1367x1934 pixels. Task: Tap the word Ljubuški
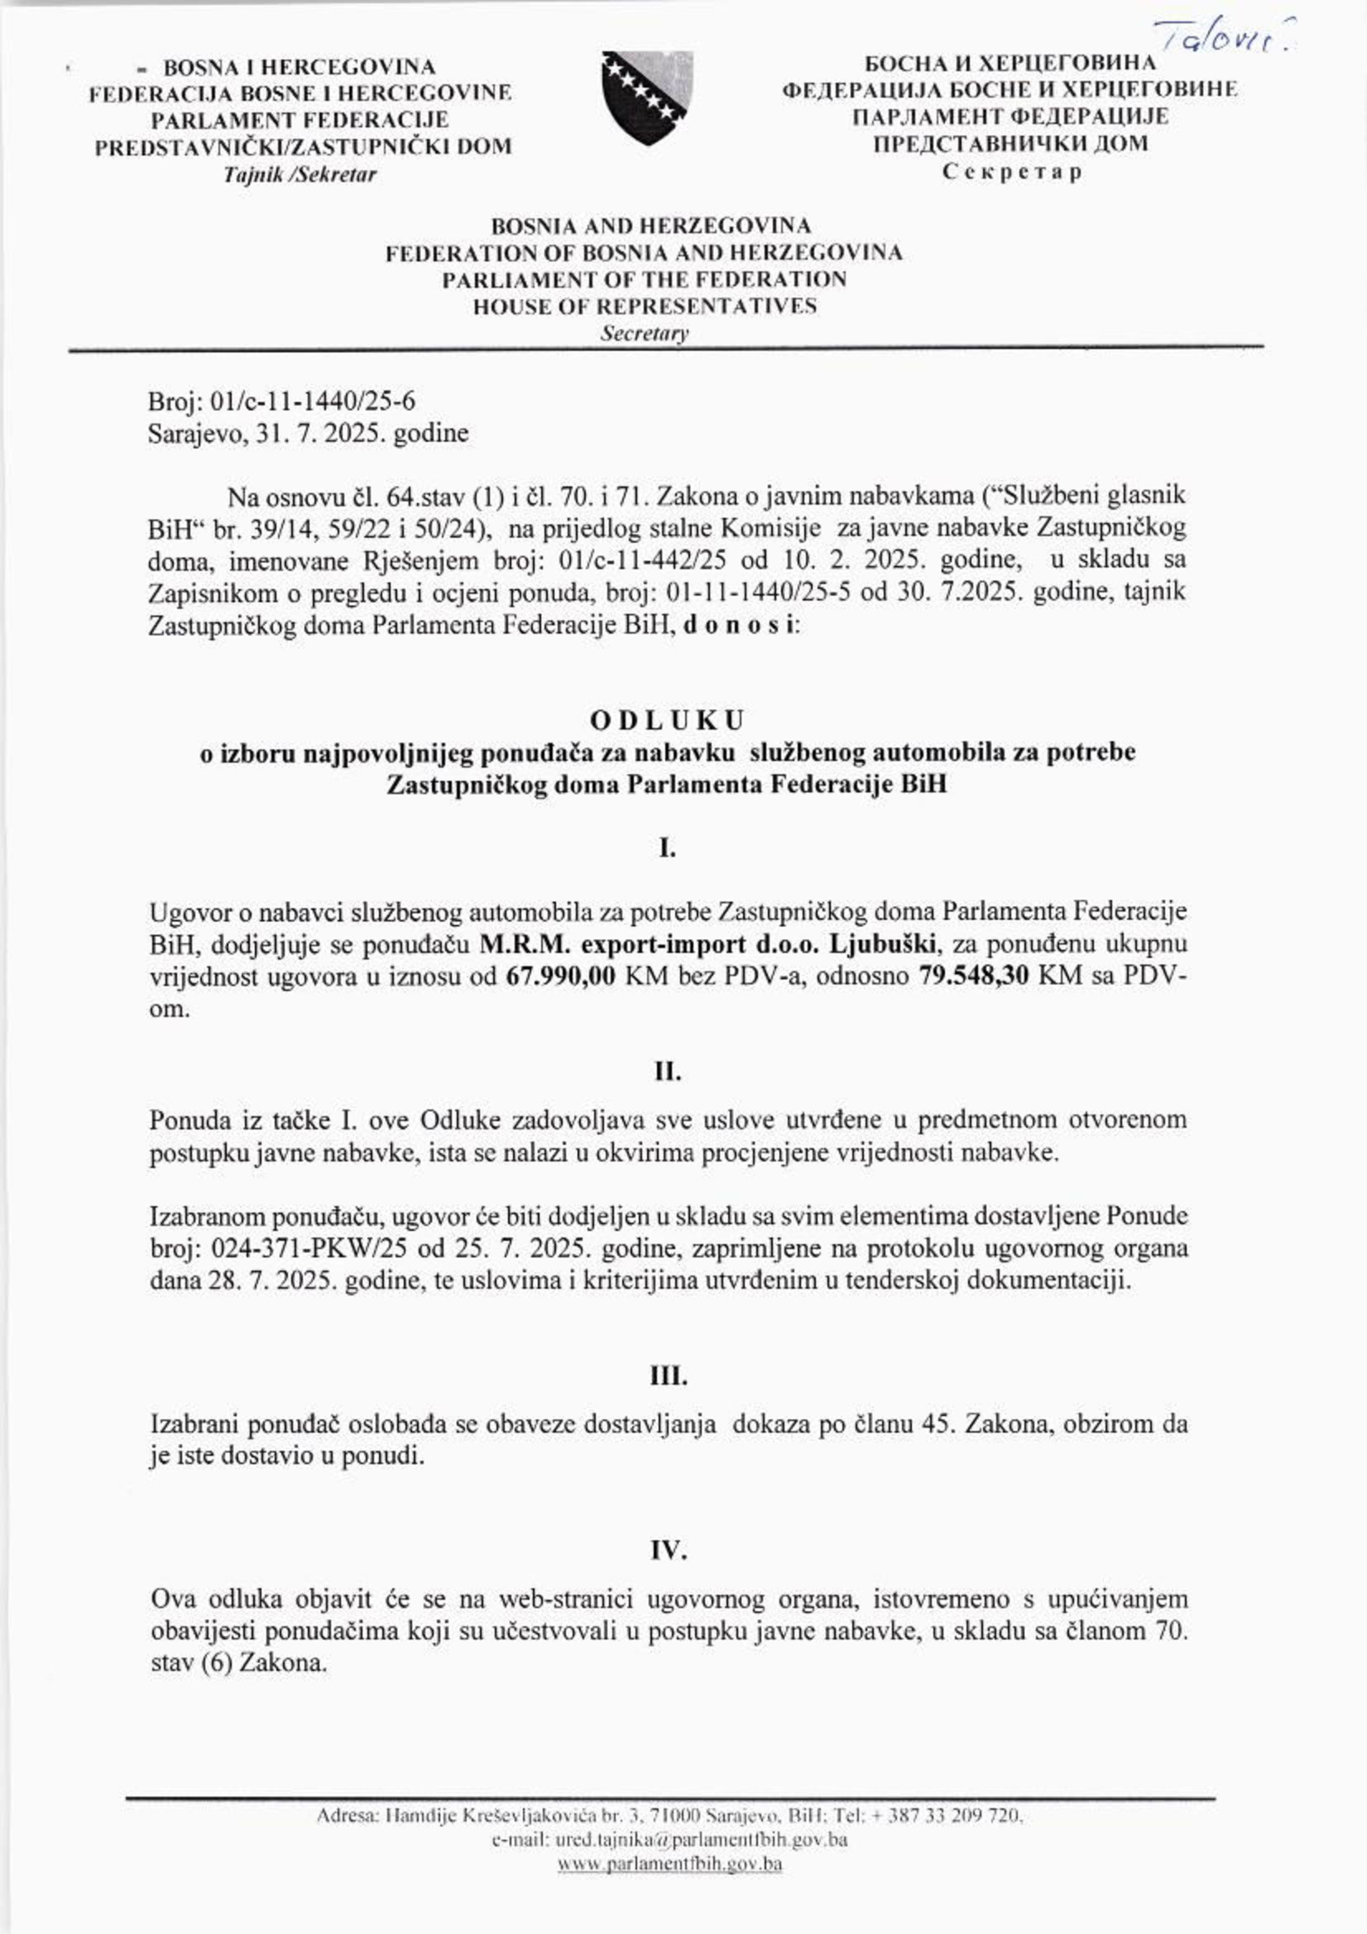click(879, 945)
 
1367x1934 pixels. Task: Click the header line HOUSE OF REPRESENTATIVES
click(644, 306)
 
